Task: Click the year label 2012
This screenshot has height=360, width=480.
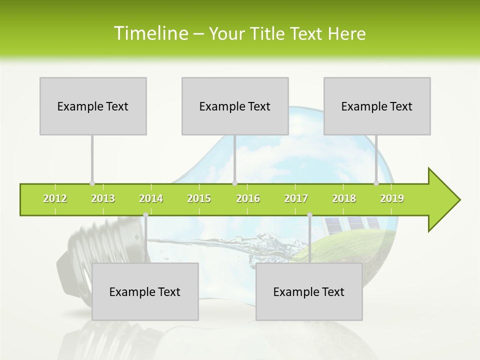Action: tap(55, 199)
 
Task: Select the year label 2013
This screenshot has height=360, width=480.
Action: tap(103, 199)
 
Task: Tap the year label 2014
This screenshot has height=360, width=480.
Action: tap(151, 199)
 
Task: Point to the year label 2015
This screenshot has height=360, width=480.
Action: tap(199, 199)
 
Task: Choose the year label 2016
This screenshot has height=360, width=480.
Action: tap(248, 199)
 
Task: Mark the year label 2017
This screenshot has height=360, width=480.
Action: tap(296, 199)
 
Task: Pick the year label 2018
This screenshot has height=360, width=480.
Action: tap(344, 199)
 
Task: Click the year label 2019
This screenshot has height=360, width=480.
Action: tap(392, 199)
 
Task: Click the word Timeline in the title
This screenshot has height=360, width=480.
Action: tap(150, 33)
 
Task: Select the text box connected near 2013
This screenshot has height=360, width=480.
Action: tap(93, 106)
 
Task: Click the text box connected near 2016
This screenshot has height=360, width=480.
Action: tap(235, 106)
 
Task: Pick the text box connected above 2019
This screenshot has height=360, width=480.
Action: tap(377, 106)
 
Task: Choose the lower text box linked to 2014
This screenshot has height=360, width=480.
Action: tap(145, 291)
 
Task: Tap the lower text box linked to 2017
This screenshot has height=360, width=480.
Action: tap(309, 291)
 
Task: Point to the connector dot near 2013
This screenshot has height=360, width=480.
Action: tap(92, 183)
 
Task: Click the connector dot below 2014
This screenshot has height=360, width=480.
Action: tap(145, 215)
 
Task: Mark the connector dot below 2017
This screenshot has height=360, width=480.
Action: tap(309, 215)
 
